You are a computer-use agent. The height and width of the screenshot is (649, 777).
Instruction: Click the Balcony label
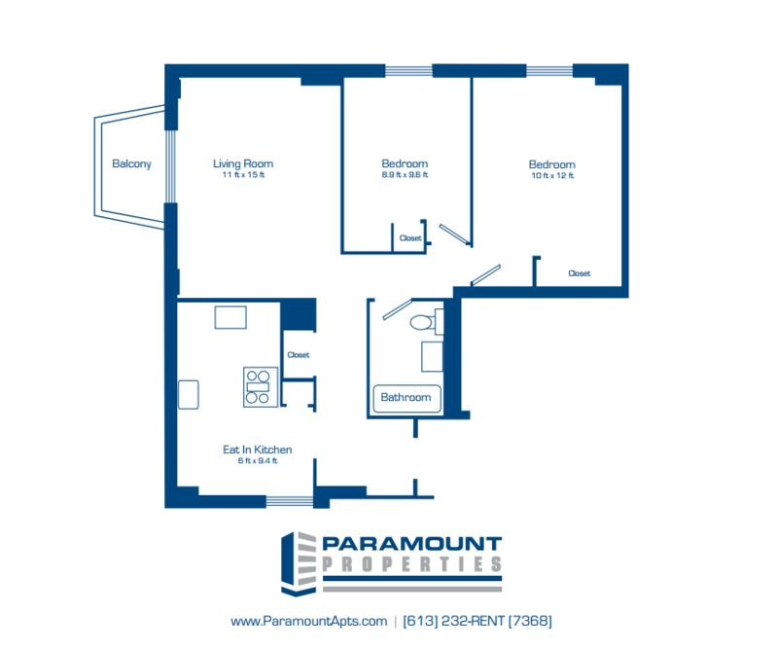pos(131,163)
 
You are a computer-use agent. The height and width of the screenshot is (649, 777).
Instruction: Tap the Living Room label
pos(243,163)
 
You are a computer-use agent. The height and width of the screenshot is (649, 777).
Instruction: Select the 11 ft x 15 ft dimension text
pos(243,175)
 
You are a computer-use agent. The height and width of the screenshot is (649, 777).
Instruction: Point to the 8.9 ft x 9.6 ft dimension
pos(405,175)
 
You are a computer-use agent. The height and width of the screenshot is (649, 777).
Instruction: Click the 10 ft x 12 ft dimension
pos(552,176)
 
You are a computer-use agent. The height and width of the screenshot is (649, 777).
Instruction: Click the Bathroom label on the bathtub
pos(406,397)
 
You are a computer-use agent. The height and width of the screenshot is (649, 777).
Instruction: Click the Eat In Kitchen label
pos(257,450)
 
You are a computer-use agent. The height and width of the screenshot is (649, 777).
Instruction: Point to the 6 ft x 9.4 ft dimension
pos(258,461)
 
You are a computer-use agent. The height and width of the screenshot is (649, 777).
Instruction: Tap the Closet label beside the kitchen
pos(299,355)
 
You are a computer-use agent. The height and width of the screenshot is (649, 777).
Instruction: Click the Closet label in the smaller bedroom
pos(410,238)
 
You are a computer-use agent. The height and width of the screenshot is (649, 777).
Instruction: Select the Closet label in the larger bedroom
pos(580,273)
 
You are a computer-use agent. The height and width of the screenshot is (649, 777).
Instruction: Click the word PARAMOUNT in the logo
pos(412,544)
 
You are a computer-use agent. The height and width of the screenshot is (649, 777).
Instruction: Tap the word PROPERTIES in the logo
pos(412,564)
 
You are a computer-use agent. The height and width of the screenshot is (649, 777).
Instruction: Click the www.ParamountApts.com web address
pos(308,621)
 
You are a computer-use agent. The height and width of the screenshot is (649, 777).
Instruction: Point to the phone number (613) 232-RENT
pos(477,621)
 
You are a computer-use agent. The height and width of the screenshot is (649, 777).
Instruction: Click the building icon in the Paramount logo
pos(299,564)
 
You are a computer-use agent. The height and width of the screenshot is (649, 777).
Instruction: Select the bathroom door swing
pos(398,309)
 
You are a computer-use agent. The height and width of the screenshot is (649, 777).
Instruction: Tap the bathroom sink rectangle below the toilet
pos(432,356)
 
